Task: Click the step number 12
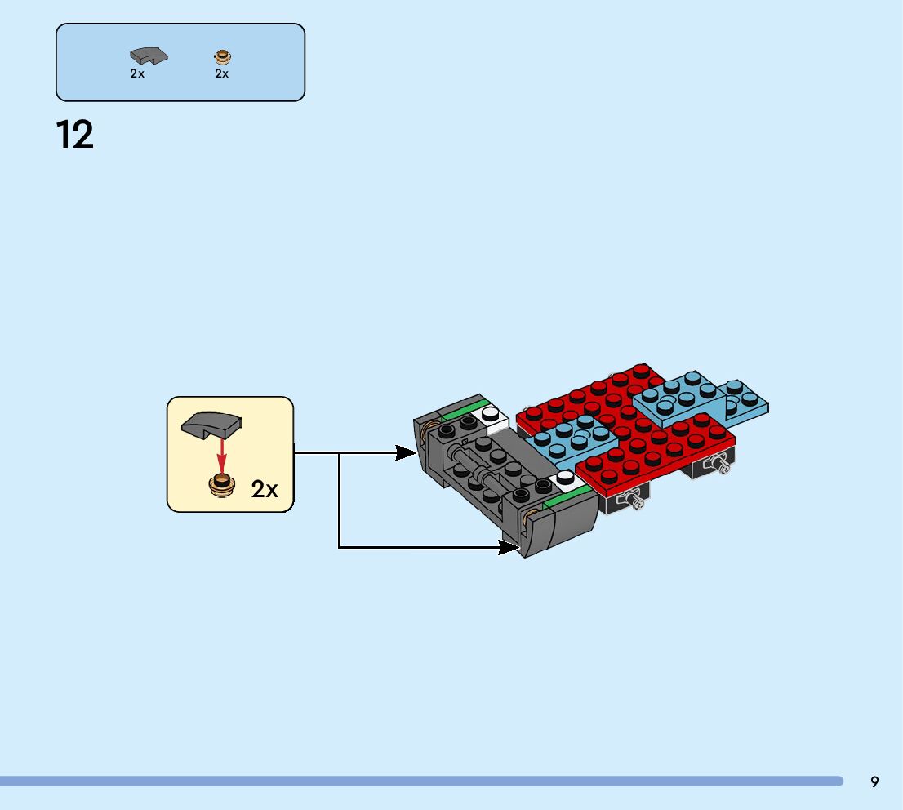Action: [x=75, y=135]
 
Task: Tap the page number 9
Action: [x=874, y=781]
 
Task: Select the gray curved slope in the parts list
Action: [x=148, y=56]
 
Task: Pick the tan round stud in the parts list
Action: [x=222, y=56]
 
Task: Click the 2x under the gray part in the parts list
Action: [x=137, y=73]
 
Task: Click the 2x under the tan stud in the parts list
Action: [x=222, y=73]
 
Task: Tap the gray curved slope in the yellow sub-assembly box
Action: [x=211, y=425]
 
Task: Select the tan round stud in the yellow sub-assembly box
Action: [x=221, y=485]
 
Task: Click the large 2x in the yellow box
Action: [x=265, y=490]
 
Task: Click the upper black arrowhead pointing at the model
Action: [x=407, y=452]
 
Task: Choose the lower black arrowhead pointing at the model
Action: [x=509, y=547]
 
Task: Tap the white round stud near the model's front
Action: [x=565, y=477]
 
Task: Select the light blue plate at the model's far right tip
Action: [x=747, y=401]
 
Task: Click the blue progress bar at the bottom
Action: [x=420, y=781]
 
